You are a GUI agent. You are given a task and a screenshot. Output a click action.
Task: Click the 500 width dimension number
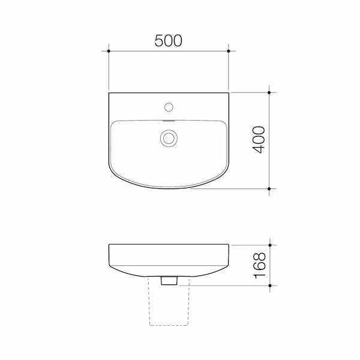(169, 41)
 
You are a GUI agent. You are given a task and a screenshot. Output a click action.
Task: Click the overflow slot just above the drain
(169, 121)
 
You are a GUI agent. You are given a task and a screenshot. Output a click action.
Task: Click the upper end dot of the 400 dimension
(271, 92)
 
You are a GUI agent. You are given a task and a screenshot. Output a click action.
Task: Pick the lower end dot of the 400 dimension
(271, 188)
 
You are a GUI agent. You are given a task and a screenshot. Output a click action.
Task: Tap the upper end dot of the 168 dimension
(271, 245)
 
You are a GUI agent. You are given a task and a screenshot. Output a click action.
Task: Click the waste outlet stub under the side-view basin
(169, 280)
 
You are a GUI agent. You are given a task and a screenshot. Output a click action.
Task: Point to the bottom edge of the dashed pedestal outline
(169, 325)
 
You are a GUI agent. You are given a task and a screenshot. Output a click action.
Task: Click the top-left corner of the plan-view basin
(109, 92)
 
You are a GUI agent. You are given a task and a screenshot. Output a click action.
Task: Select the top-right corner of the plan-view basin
(229, 92)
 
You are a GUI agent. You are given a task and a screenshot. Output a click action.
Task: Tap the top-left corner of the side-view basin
(110, 245)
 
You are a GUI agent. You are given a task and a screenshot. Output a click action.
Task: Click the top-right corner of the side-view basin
(229, 245)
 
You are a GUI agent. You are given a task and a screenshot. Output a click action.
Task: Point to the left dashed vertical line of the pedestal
(149, 303)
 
